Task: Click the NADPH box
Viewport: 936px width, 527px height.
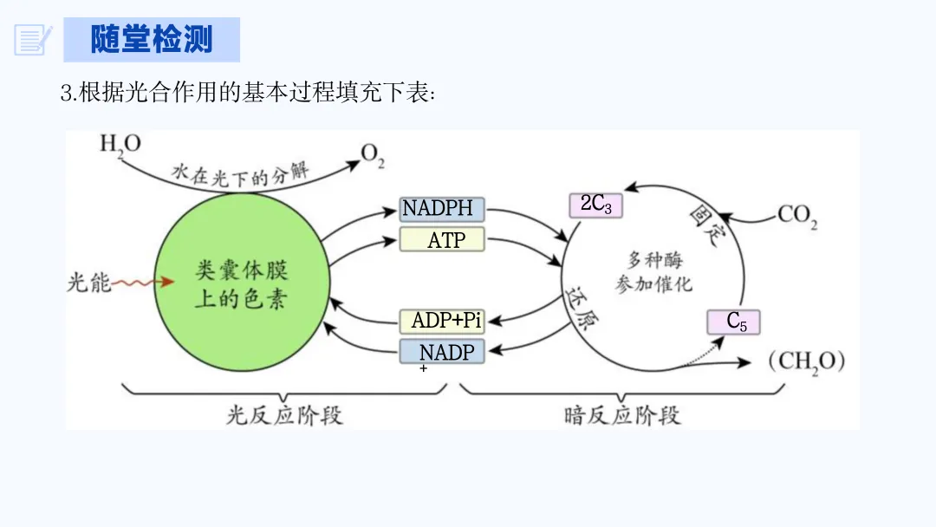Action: click(x=442, y=209)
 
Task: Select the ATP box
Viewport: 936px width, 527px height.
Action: click(x=442, y=239)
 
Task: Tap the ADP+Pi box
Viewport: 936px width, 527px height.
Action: click(x=442, y=321)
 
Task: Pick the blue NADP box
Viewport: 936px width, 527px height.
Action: click(x=442, y=352)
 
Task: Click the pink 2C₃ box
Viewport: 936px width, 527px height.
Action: click(x=595, y=205)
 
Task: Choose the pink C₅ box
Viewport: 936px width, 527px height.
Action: click(x=733, y=322)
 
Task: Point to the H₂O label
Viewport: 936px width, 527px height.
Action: click(x=120, y=144)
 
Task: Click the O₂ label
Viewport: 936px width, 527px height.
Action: click(x=373, y=156)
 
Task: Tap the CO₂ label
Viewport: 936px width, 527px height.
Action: click(x=797, y=214)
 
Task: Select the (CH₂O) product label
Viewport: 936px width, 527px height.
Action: click(x=806, y=361)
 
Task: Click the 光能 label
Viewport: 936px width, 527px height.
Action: click(x=89, y=283)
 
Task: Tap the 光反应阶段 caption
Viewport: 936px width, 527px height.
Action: click(x=284, y=415)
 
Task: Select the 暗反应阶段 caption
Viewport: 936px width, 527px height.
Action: click(x=622, y=415)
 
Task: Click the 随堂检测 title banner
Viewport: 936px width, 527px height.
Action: click(x=152, y=40)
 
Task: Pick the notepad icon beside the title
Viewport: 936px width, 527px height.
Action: click(x=33, y=40)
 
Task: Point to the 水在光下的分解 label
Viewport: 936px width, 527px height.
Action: click(x=240, y=171)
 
